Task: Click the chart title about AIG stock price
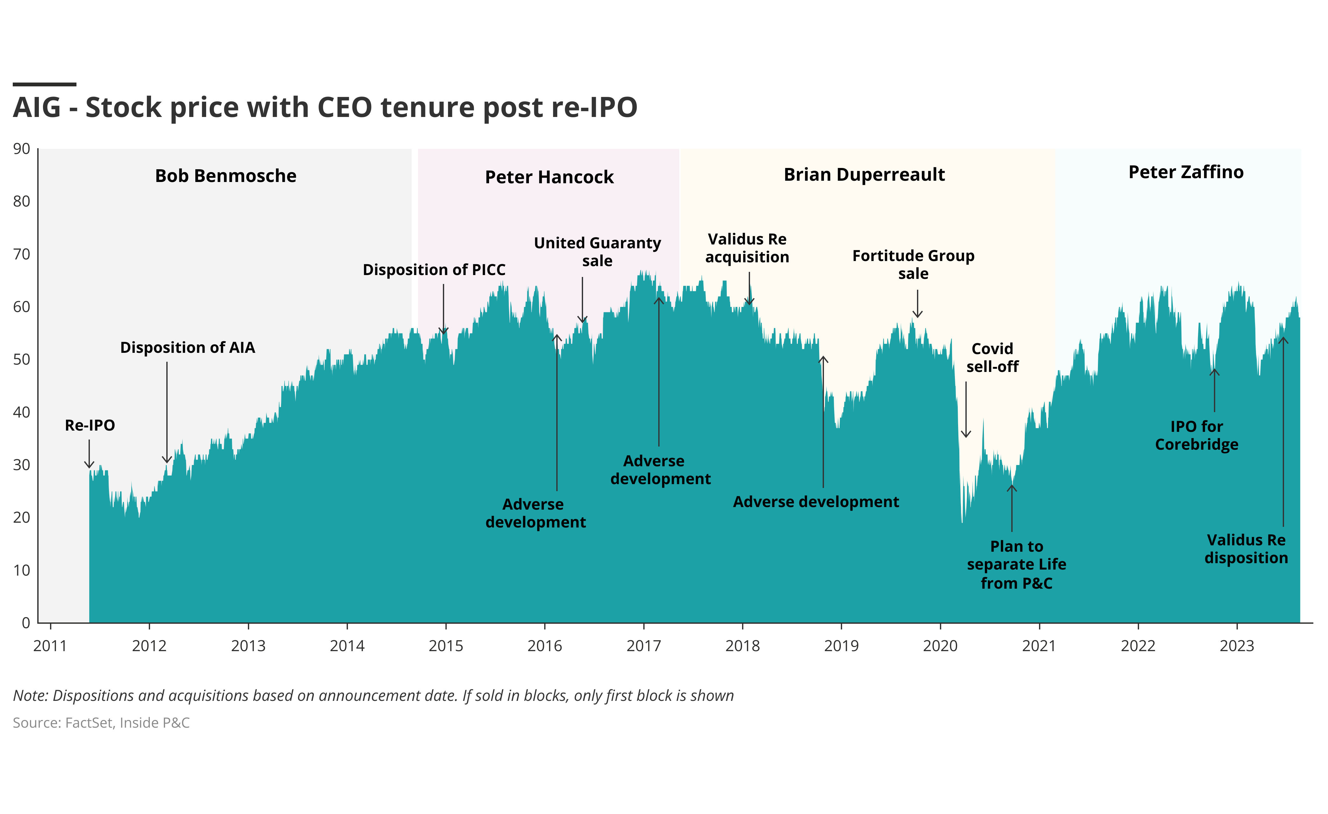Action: coord(325,107)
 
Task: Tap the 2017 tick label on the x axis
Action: coord(644,646)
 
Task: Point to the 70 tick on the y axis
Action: coord(22,254)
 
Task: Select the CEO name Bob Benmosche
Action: coord(226,176)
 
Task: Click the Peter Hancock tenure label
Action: coord(549,177)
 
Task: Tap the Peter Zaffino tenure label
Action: coord(1186,172)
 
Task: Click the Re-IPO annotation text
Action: coord(90,425)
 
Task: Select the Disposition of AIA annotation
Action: coord(188,348)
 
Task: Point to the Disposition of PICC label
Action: coord(434,270)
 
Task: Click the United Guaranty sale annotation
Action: coord(597,252)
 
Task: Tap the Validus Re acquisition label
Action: coord(747,248)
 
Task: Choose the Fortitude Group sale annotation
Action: coord(913,264)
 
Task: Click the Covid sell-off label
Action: coord(992,357)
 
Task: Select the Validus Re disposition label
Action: coord(1246,549)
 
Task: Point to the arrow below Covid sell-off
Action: coord(966,410)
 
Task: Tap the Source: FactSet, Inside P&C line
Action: coord(101,723)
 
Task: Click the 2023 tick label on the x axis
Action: coord(1237,646)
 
